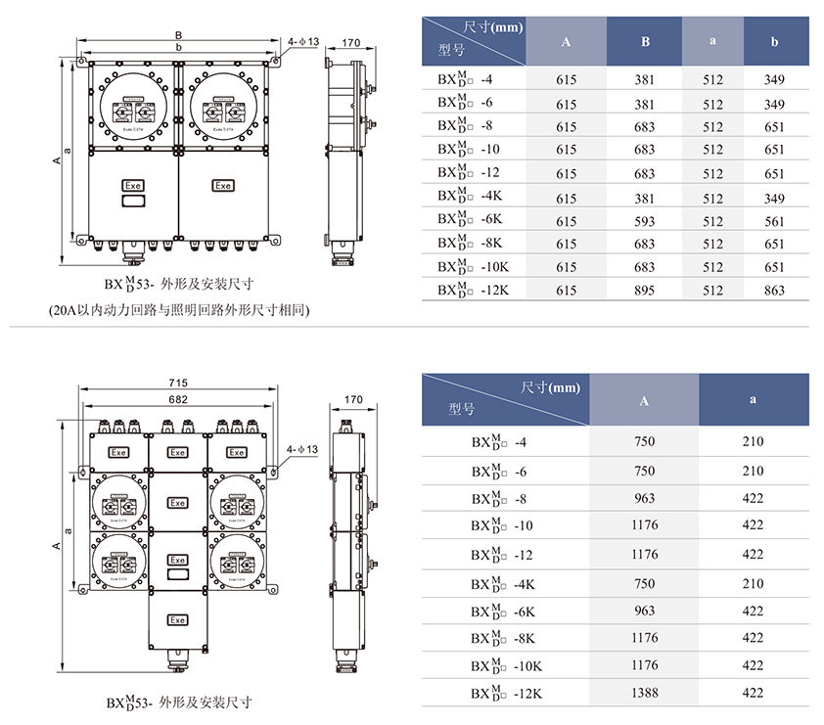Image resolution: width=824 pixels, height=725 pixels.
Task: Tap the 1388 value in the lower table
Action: click(x=644, y=693)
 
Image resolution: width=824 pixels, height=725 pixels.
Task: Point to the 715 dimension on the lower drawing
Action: click(x=177, y=382)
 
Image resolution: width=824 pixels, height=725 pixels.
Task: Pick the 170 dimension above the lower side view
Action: click(x=353, y=399)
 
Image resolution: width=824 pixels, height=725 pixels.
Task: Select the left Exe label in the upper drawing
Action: click(x=132, y=185)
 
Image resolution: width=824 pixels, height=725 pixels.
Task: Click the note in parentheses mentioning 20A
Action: click(x=180, y=310)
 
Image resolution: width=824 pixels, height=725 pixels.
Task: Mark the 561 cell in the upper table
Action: click(x=774, y=221)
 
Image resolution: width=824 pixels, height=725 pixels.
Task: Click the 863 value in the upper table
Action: click(x=774, y=290)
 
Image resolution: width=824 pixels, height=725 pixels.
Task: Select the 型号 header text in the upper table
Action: click(x=451, y=50)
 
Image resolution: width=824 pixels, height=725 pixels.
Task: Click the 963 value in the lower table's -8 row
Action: click(x=644, y=498)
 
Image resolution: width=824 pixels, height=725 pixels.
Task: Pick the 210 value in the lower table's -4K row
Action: click(x=753, y=583)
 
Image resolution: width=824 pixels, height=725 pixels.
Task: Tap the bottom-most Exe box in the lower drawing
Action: click(x=177, y=620)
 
